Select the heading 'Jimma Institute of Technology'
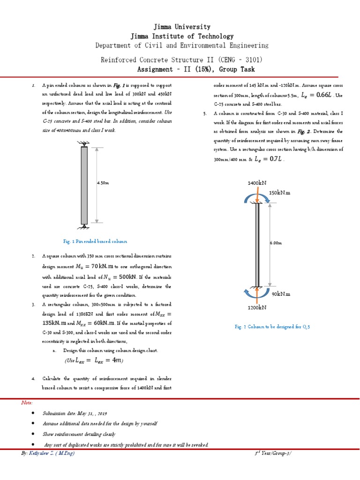pos(182,36)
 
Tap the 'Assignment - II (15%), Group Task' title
pos(196,69)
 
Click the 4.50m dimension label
pos(103,183)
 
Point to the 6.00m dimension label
pos(276,243)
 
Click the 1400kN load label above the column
pos(256,183)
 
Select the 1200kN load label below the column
pos(257,307)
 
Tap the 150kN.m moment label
pos(280,192)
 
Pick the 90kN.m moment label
pos(281,294)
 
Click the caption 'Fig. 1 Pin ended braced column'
pos(95,241)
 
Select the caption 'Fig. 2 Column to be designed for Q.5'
pos(272,327)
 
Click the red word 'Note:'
pos(27,402)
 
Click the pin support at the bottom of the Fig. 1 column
pos(84,227)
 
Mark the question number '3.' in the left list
pos(34,305)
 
